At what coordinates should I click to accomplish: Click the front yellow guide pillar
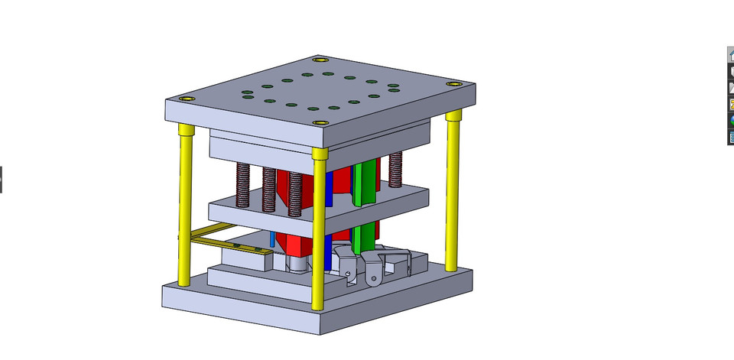click(x=319, y=229)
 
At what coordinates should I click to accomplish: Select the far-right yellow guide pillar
click(x=453, y=191)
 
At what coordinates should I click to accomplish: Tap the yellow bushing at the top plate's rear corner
click(x=320, y=59)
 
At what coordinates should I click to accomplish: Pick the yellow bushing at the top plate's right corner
click(x=454, y=83)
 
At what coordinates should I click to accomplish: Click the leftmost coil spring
click(x=242, y=186)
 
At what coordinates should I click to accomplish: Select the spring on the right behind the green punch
click(x=395, y=170)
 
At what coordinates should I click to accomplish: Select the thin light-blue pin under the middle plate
click(x=272, y=240)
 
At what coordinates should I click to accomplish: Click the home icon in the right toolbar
click(x=731, y=55)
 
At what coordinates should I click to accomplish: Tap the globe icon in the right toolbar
click(x=731, y=120)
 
